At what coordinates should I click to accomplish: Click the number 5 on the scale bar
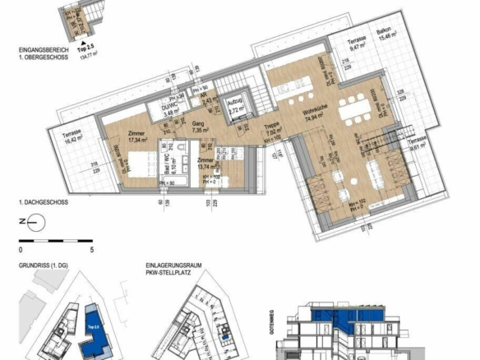(92, 247)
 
